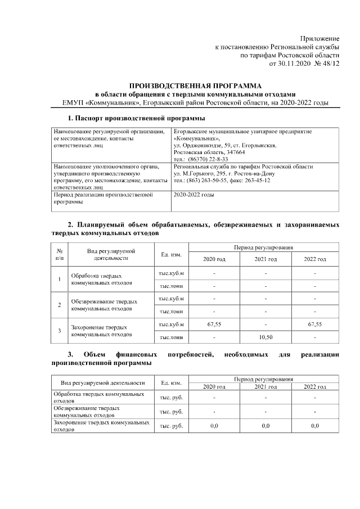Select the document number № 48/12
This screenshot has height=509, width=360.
pyautogui.click(x=326, y=64)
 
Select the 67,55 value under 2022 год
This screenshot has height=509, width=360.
pyautogui.click(x=315, y=325)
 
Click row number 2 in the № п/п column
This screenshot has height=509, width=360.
pyautogui.click(x=60, y=304)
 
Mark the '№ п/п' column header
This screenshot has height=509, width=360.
pyautogui.click(x=60, y=254)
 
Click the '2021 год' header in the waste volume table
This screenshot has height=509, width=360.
pyautogui.click(x=264, y=259)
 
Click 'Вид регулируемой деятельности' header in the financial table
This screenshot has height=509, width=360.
pyautogui.click(x=102, y=383)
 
